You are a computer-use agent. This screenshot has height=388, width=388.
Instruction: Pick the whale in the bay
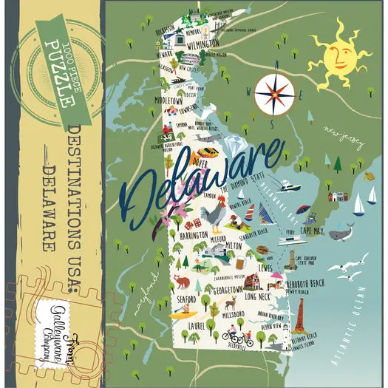340,234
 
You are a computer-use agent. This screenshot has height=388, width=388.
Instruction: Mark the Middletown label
169,99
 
